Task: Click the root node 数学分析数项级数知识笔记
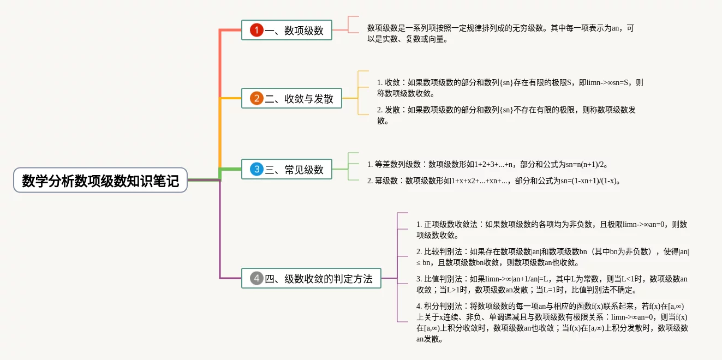(x=100, y=180)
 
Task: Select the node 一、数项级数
(x=287, y=30)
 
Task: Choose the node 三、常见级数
(x=287, y=170)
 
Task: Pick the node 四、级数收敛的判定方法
(x=311, y=278)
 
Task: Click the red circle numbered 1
(x=256, y=30)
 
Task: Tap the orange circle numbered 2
(x=256, y=98)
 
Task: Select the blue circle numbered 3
(x=256, y=170)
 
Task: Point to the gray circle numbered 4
(x=256, y=278)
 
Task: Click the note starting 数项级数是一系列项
(x=500, y=33)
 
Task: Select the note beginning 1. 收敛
(x=510, y=88)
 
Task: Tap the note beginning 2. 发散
(x=506, y=115)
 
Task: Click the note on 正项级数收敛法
(x=551, y=230)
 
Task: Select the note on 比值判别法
(x=551, y=284)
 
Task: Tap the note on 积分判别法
(x=551, y=322)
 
